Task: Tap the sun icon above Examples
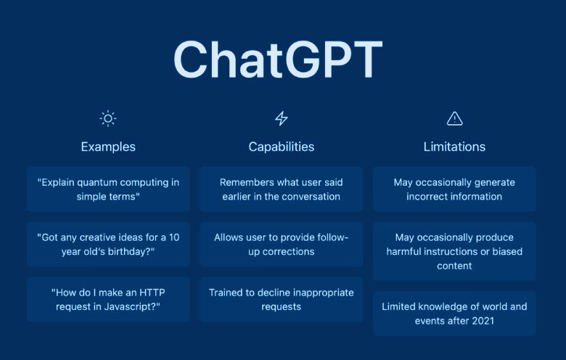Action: tap(108, 118)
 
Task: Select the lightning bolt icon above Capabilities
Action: tap(281, 118)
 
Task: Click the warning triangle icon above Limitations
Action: tap(454, 118)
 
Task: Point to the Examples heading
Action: tap(108, 147)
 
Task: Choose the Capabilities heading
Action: tap(281, 147)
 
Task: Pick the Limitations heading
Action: tap(454, 147)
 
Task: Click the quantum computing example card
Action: tap(108, 189)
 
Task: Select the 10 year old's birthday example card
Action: tap(108, 245)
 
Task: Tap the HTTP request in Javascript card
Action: tap(108, 299)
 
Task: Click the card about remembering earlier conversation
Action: tap(281, 189)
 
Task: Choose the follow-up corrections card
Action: tap(281, 245)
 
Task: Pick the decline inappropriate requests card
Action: tap(281, 299)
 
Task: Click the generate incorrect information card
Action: tap(454, 189)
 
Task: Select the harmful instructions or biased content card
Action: tap(454, 251)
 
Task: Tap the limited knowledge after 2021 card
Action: tap(454, 313)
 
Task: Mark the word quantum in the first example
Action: tap(104, 182)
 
